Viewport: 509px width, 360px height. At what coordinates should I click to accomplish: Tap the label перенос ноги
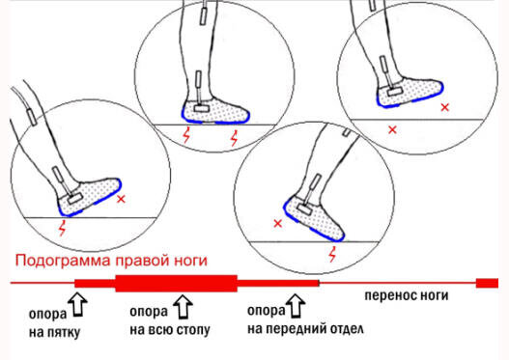pyautogui.click(x=407, y=295)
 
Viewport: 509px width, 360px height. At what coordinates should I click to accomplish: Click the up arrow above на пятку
pyautogui.click(x=78, y=305)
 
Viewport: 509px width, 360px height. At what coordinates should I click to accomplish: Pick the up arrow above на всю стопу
pyautogui.click(x=183, y=307)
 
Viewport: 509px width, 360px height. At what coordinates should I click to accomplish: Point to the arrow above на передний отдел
pyautogui.click(x=296, y=306)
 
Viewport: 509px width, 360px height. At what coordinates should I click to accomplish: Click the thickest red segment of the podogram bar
pyautogui.click(x=177, y=283)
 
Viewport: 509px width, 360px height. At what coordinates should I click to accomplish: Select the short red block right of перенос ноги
pyautogui.click(x=487, y=283)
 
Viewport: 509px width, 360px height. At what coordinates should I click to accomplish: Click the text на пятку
pyautogui.click(x=54, y=332)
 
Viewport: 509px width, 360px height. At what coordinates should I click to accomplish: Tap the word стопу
pyautogui.click(x=193, y=330)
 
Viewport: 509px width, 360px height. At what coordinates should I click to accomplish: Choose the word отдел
pyautogui.click(x=347, y=329)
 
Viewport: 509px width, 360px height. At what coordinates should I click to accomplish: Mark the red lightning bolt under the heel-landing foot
pyautogui.click(x=63, y=228)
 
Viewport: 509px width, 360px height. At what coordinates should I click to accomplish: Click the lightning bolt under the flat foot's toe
pyautogui.click(x=234, y=138)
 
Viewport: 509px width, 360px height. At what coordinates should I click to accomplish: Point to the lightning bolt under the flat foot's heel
pyautogui.click(x=186, y=135)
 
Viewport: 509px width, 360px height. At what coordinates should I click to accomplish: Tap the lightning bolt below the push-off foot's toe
pyautogui.click(x=332, y=254)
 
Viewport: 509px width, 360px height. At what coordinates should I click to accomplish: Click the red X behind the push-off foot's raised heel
pyautogui.click(x=278, y=224)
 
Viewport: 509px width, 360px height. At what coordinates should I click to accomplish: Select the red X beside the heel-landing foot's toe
pyautogui.click(x=121, y=199)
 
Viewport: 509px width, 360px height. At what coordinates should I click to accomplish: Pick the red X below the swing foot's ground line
pyautogui.click(x=392, y=130)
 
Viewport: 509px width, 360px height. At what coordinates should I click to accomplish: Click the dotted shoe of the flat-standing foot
pyautogui.click(x=215, y=110)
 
